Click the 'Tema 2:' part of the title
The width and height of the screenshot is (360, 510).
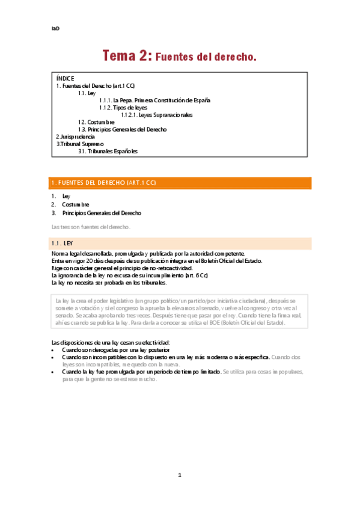127,56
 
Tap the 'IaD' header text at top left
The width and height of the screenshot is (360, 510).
55,28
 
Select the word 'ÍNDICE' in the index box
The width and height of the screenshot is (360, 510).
65,78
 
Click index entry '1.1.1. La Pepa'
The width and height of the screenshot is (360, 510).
154,100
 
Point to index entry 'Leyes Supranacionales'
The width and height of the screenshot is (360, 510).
157,115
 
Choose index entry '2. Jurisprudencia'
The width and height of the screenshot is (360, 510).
75,137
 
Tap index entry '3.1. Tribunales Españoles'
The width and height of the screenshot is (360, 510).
108,151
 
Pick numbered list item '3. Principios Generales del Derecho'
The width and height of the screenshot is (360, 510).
102,213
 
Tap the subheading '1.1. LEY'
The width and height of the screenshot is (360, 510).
62,243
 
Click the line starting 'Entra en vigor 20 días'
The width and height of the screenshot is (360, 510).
157,261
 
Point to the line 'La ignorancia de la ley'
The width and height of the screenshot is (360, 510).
130,275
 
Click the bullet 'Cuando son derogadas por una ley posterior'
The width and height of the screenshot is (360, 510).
115,349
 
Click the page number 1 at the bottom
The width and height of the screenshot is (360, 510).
180,475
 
